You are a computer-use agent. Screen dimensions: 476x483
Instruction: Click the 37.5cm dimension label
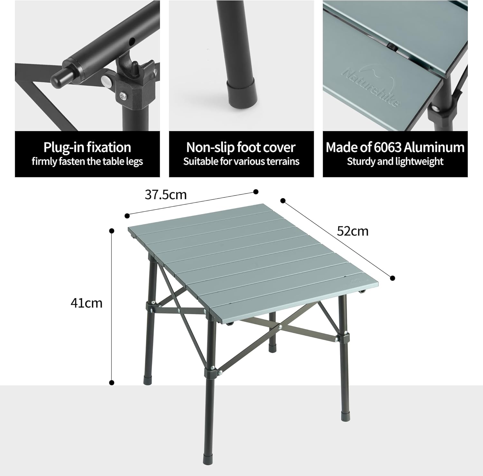pos(166,195)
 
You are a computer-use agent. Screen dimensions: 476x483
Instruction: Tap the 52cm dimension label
pos(353,231)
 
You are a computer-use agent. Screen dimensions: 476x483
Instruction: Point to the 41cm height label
pos(86,303)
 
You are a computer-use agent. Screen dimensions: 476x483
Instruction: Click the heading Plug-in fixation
pos(87,147)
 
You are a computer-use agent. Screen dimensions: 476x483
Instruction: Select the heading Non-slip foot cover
pos(241,147)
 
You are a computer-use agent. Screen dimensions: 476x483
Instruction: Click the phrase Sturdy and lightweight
pos(395,161)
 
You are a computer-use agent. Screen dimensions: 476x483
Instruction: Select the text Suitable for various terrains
pos(241,161)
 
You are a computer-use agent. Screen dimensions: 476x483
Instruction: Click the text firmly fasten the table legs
pos(87,161)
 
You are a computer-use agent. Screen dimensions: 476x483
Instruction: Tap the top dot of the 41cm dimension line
pos(112,231)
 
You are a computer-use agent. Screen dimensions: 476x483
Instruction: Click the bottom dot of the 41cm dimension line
pos(112,383)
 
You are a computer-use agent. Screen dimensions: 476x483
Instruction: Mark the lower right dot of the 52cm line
pos(392,278)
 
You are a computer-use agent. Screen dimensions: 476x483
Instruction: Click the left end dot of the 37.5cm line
pos(127,216)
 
